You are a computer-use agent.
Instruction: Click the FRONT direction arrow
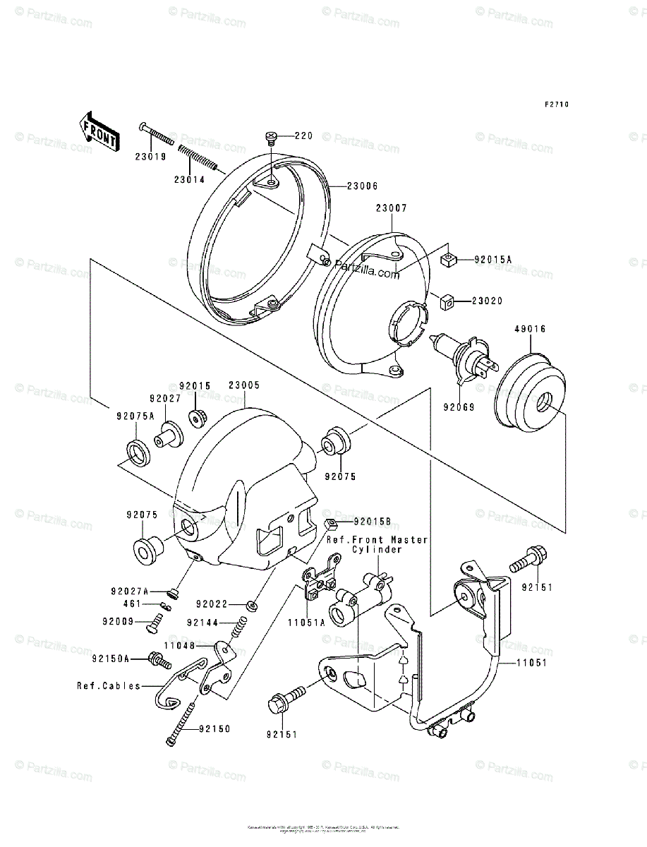pos(97,131)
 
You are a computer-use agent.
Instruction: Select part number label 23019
pos(151,157)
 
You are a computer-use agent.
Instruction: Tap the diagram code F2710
pos(556,104)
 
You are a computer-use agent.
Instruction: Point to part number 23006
pos(363,186)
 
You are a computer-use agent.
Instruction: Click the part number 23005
pos(244,385)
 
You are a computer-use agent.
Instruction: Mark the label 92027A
pos(130,591)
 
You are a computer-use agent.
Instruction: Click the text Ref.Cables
pos(109,685)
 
